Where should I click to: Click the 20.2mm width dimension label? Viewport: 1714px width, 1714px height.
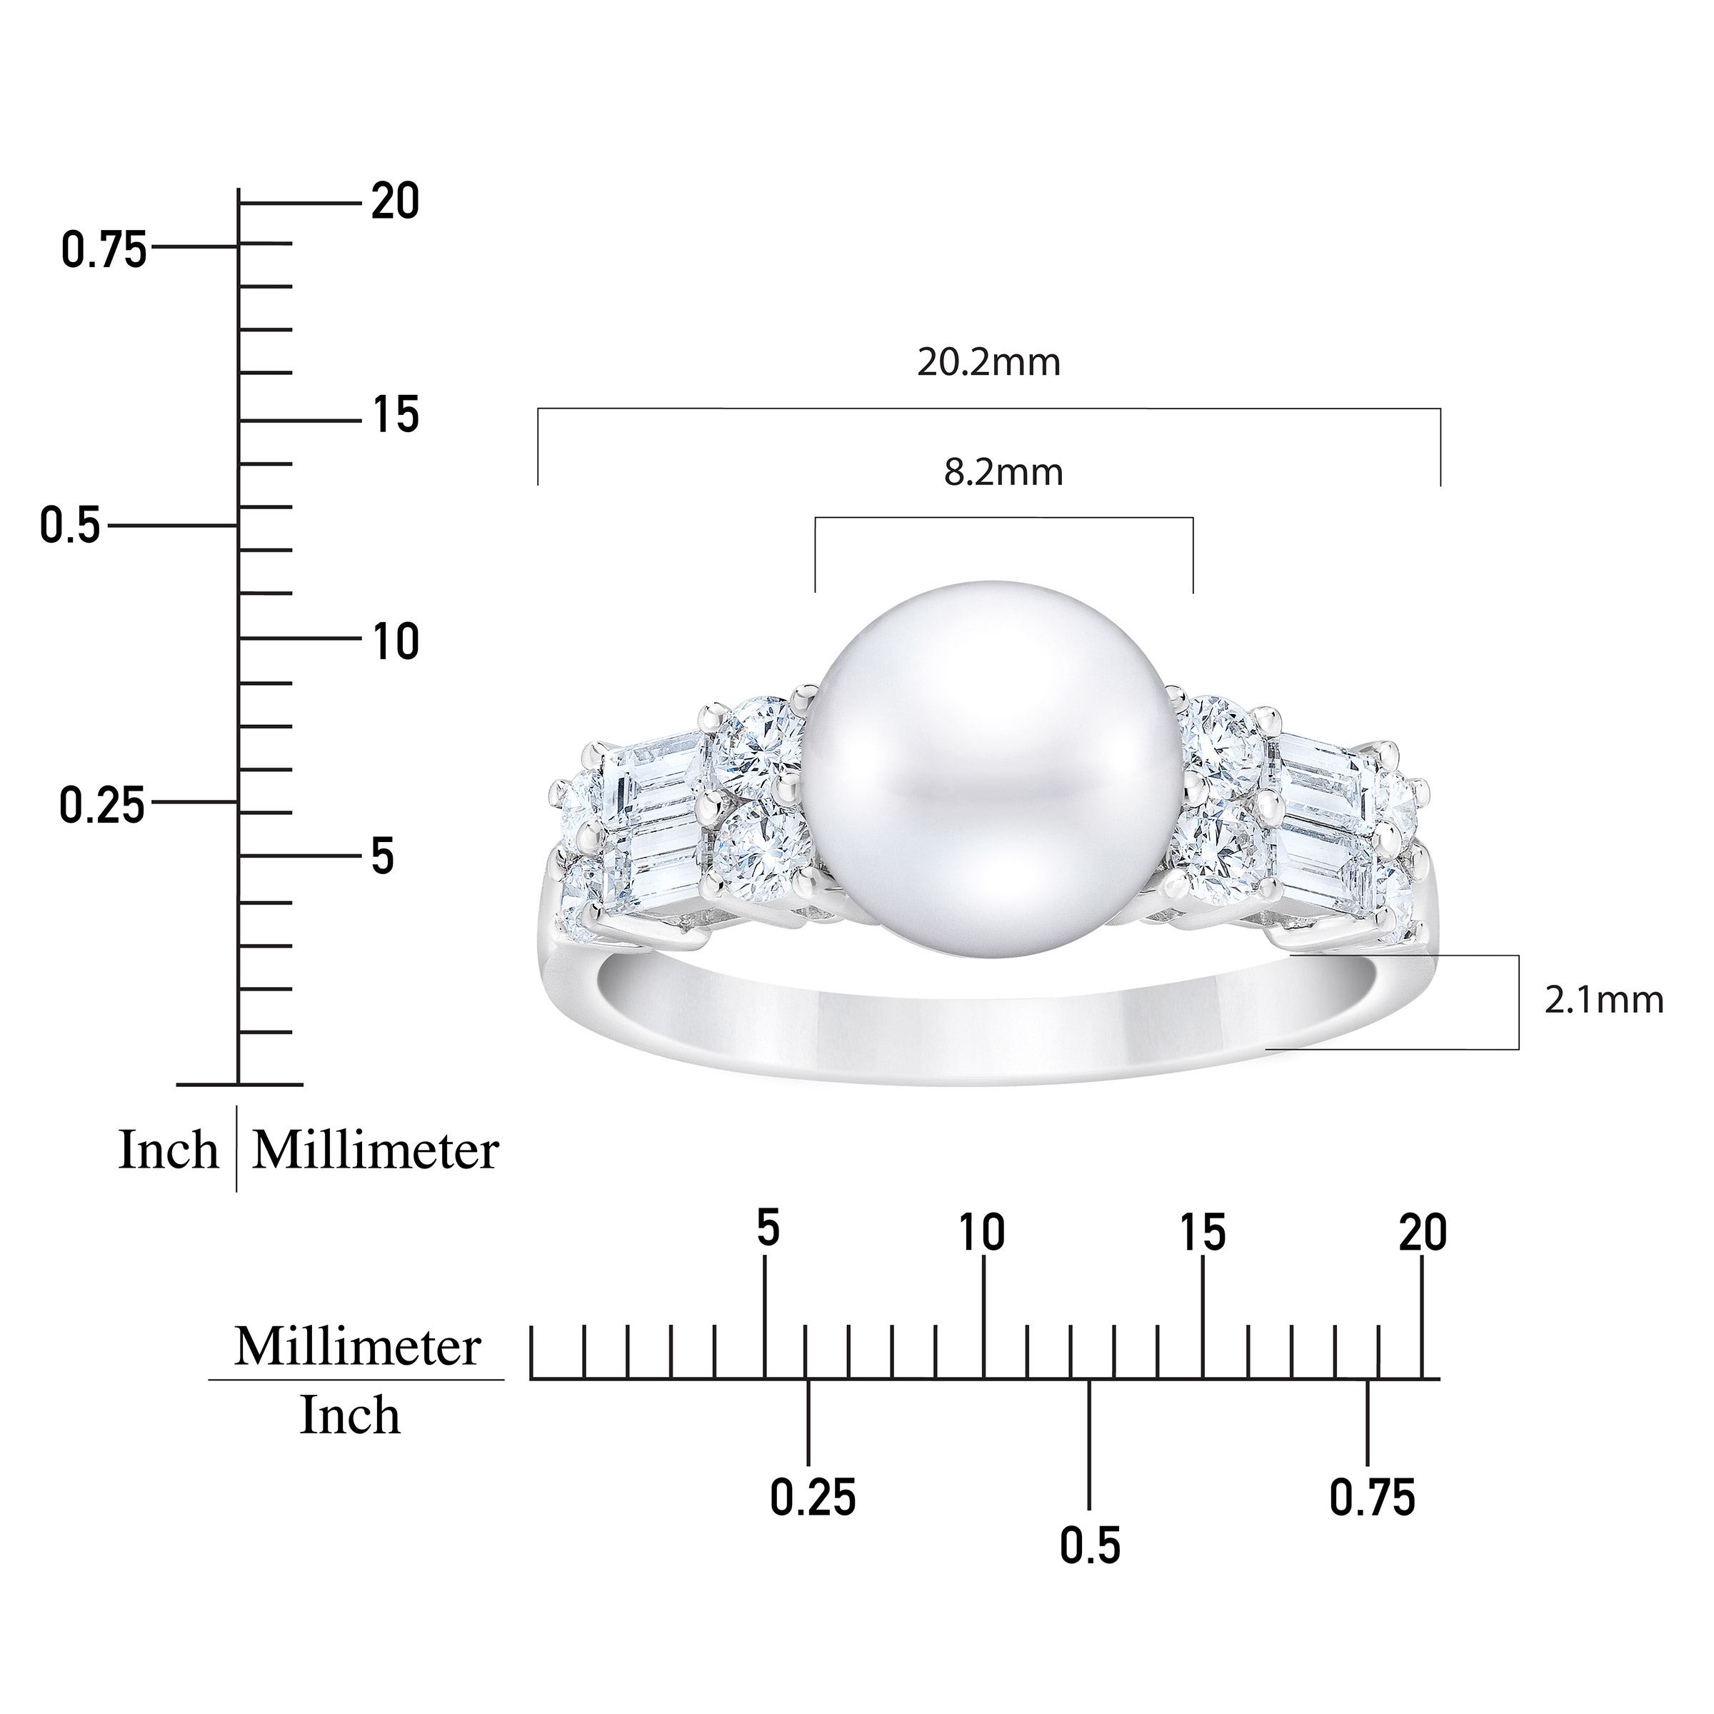(x=988, y=363)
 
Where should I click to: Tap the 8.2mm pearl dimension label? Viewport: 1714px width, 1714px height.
(x=1003, y=472)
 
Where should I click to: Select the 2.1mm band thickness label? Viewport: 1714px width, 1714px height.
(x=1604, y=1000)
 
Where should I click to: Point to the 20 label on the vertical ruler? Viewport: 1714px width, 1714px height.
(x=395, y=201)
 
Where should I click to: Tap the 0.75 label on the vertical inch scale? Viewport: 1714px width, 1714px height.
(x=104, y=251)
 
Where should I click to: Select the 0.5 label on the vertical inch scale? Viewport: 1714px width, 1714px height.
(x=70, y=526)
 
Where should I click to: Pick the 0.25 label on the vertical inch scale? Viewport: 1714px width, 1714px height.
(x=102, y=806)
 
